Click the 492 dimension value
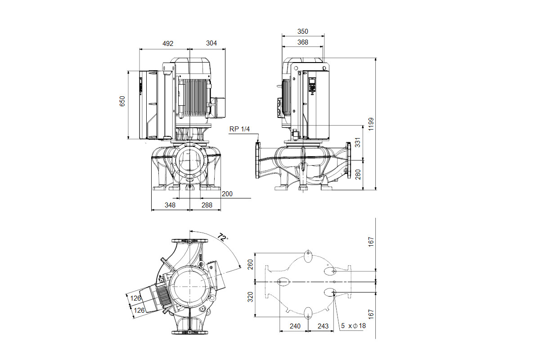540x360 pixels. point(168,43)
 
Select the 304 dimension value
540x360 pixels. point(211,43)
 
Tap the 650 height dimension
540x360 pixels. point(122,101)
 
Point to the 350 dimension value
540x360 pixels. point(302,31)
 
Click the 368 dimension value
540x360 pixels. point(302,42)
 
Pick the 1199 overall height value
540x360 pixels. point(371,124)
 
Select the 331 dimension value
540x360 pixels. point(358,142)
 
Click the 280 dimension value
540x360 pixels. point(358,174)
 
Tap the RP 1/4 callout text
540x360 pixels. point(239,129)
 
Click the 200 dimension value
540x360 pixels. point(227,194)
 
